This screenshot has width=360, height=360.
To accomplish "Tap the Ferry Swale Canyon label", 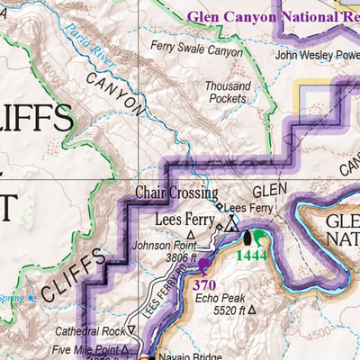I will pyautogui.click(x=197, y=51).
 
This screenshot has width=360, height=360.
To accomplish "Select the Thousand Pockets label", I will pyautogui.click(x=226, y=92).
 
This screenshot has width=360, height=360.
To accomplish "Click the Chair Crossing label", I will pyautogui.click(x=176, y=193).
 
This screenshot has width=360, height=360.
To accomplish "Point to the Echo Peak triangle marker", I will pyautogui.click(x=251, y=310).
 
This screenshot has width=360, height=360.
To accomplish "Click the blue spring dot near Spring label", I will pyautogui.click(x=31, y=298).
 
